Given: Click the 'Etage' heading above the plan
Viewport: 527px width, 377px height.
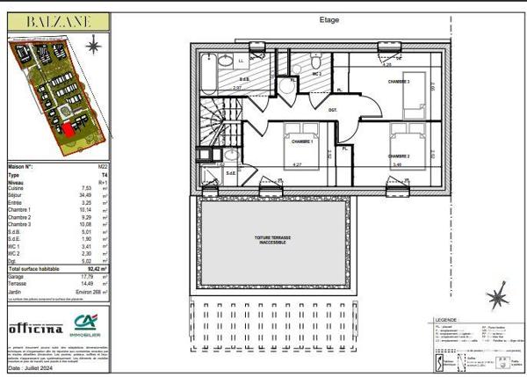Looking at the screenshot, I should pyautogui.click(x=329, y=20).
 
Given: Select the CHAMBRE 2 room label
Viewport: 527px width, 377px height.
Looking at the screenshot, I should pyautogui.click(x=400, y=156).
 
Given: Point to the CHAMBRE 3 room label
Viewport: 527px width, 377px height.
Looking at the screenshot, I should pyautogui.click(x=400, y=81).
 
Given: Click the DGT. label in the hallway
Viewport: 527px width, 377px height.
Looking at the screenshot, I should pyautogui.click(x=333, y=110).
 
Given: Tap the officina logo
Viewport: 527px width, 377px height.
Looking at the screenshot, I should pyautogui.click(x=35, y=328).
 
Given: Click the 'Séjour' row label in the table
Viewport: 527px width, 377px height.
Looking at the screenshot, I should pyautogui.click(x=17, y=194).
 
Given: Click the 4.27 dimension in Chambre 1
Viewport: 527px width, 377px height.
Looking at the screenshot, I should pyautogui.click(x=296, y=164).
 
